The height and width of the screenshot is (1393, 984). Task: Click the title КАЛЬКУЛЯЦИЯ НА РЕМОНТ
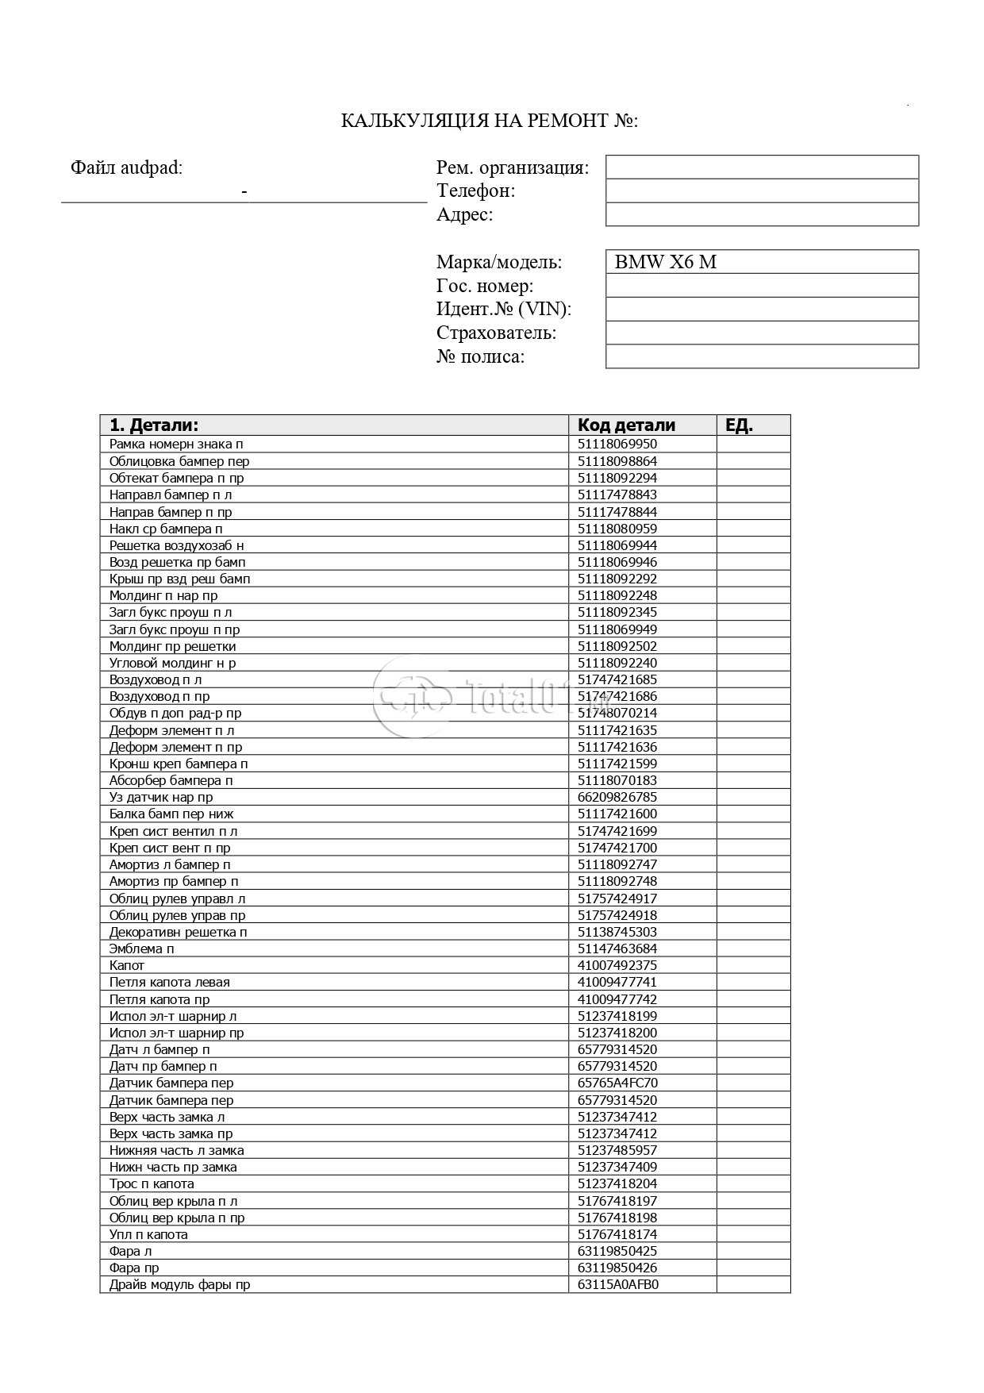489,121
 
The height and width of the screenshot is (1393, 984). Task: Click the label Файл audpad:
126,167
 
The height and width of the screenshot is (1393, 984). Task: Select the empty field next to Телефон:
762,190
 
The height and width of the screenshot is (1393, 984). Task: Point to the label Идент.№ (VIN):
503,309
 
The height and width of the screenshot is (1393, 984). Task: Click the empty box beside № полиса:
762,356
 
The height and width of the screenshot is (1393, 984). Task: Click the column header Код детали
626,425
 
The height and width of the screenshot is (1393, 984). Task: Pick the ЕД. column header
739,425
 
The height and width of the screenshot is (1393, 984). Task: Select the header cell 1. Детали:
154,425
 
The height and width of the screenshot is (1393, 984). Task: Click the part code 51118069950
617,444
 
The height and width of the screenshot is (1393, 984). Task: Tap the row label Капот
127,965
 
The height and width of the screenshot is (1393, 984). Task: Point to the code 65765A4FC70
617,1083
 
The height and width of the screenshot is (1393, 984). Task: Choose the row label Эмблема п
141,949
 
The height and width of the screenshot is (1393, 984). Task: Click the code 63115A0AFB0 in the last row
618,1284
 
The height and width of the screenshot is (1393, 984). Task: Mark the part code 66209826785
617,797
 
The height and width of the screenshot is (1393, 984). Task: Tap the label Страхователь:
496,333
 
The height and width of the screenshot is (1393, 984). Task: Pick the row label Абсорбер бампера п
171,780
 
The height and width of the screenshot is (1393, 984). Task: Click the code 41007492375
617,965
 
